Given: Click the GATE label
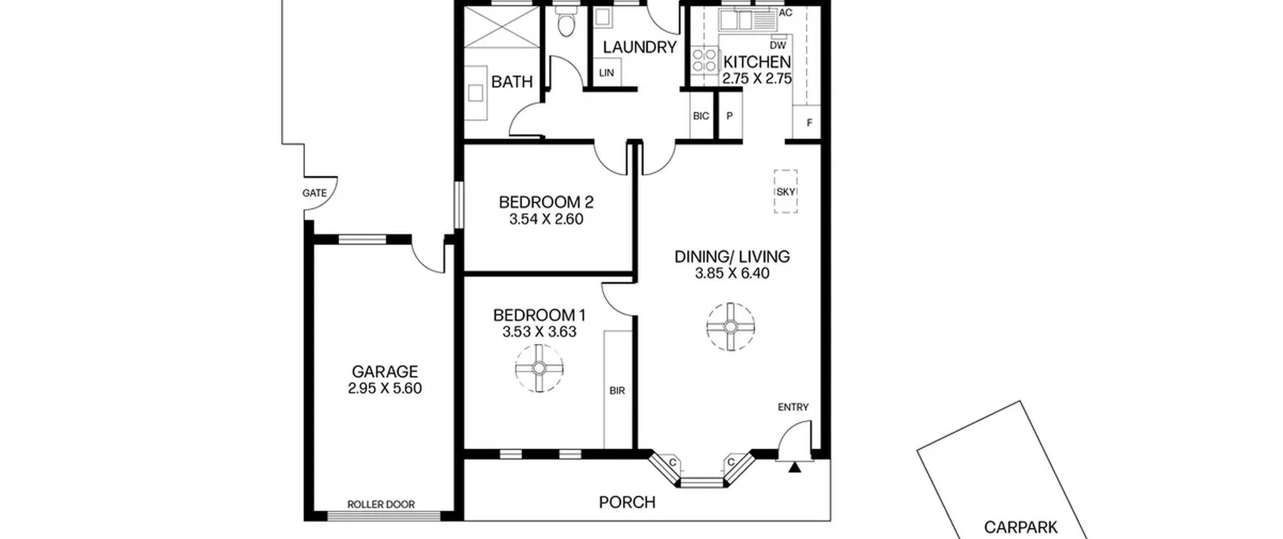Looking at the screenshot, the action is [x=314, y=193].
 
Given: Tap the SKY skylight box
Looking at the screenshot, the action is [x=785, y=192].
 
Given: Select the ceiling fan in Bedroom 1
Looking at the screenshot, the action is [x=539, y=369].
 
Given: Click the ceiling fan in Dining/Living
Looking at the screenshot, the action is [x=731, y=327].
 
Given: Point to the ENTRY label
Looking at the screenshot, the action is [x=793, y=407].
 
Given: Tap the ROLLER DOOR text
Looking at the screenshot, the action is [x=381, y=504].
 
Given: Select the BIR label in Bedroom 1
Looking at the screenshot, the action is [x=617, y=391].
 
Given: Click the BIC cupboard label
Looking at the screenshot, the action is [x=701, y=116].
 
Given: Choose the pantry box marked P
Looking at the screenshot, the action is [x=730, y=116].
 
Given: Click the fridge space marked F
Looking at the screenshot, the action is [x=806, y=121].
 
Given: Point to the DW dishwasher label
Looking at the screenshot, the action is [x=778, y=46].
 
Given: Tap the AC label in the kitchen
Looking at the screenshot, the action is [x=785, y=13].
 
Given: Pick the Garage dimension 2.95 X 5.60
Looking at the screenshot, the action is [x=385, y=389].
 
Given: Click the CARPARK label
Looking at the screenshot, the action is [x=1021, y=527].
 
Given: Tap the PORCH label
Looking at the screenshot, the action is [x=627, y=502].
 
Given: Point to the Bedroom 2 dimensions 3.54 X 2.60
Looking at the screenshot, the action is [x=546, y=219].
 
